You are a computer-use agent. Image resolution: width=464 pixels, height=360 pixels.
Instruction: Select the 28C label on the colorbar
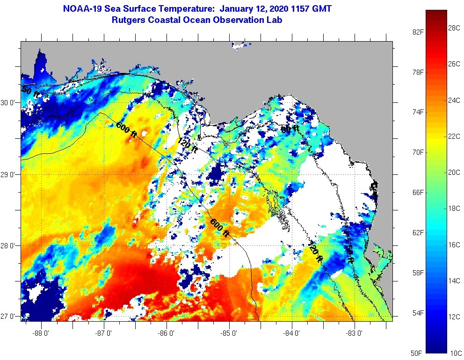454,28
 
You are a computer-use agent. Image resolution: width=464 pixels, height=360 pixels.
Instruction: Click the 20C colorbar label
454,172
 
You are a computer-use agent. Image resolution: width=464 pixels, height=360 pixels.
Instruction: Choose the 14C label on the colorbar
454,281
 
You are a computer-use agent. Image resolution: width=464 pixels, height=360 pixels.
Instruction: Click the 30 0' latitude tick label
9,103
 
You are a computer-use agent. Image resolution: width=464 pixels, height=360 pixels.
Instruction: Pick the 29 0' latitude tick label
9,175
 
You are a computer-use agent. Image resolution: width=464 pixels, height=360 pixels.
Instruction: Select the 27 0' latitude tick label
9,317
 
